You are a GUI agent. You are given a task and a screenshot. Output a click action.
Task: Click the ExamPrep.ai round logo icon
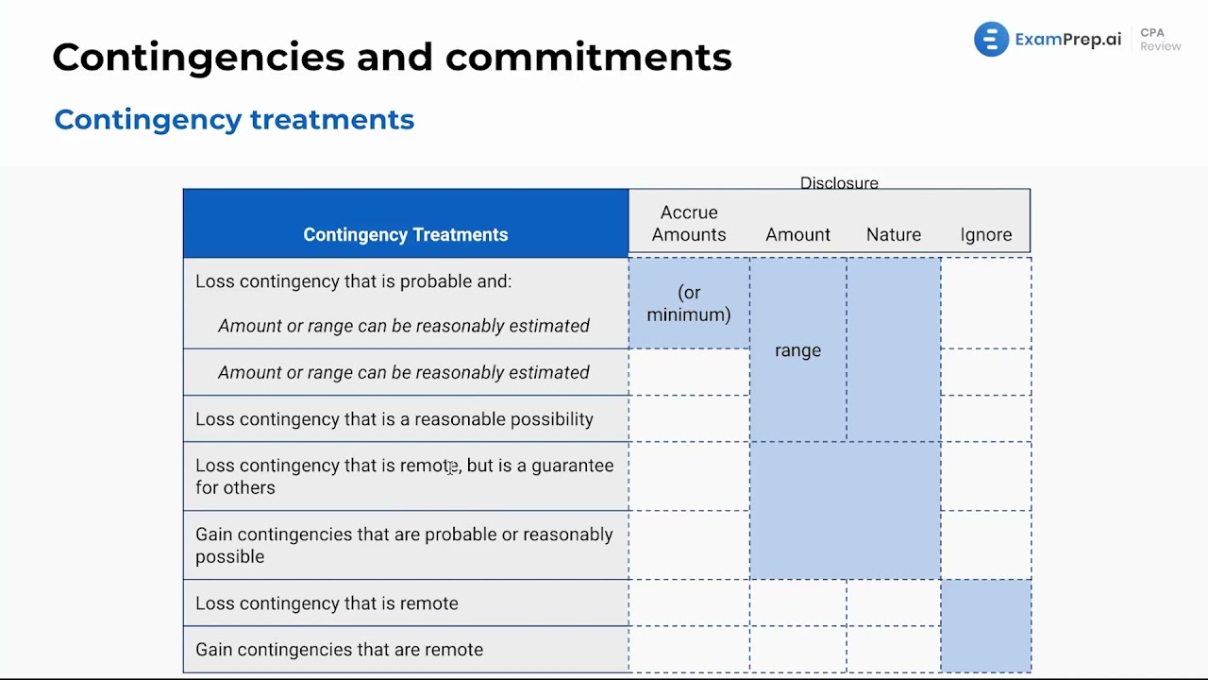tap(991, 40)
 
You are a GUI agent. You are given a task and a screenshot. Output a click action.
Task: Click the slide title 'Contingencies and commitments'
tap(392, 57)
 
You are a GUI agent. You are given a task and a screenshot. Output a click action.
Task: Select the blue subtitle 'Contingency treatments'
tap(234, 120)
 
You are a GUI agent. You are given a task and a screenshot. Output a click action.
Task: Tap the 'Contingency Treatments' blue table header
tap(405, 234)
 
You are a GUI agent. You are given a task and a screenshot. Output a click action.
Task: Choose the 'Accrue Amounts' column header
tap(689, 224)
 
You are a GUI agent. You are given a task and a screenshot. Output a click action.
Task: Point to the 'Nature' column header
tap(893, 234)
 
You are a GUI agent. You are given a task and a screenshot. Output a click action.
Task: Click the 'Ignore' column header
tap(985, 234)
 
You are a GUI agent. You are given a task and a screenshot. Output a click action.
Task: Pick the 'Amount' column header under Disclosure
tap(797, 234)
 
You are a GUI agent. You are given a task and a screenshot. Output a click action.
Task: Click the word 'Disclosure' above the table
tap(839, 183)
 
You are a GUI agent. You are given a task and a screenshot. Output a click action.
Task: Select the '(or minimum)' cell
tap(689, 303)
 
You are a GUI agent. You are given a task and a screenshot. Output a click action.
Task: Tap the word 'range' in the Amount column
tap(797, 350)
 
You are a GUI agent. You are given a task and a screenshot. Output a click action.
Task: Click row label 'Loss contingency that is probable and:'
tap(353, 281)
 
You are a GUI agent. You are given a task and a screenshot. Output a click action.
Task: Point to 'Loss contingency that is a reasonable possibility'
tap(394, 419)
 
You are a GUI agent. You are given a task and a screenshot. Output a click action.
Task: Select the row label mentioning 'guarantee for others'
tap(404, 476)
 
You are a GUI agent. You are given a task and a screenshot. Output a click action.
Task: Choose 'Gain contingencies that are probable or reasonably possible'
tap(404, 545)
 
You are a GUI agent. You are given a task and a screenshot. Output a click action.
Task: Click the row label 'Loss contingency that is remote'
tap(327, 603)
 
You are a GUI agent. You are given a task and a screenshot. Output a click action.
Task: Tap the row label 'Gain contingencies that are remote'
tap(339, 650)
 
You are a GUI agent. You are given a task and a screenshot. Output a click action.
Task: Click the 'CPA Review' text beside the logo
tap(1160, 40)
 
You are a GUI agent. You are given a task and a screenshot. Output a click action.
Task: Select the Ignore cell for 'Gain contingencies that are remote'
tap(985, 650)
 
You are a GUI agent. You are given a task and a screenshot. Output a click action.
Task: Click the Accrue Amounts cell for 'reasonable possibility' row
tap(689, 419)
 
